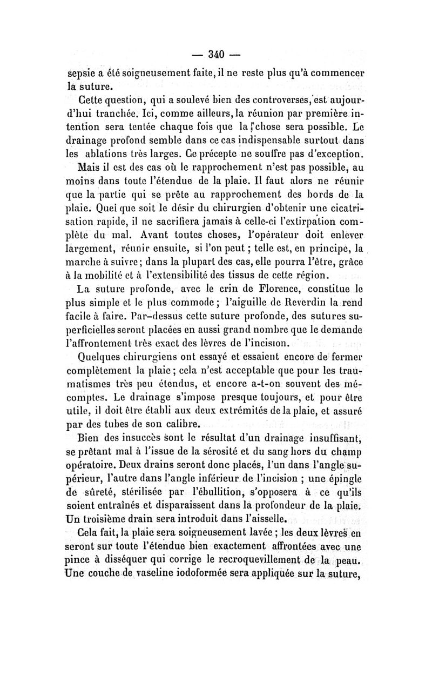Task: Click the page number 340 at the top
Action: pos(216,54)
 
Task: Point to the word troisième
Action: pos(118,519)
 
